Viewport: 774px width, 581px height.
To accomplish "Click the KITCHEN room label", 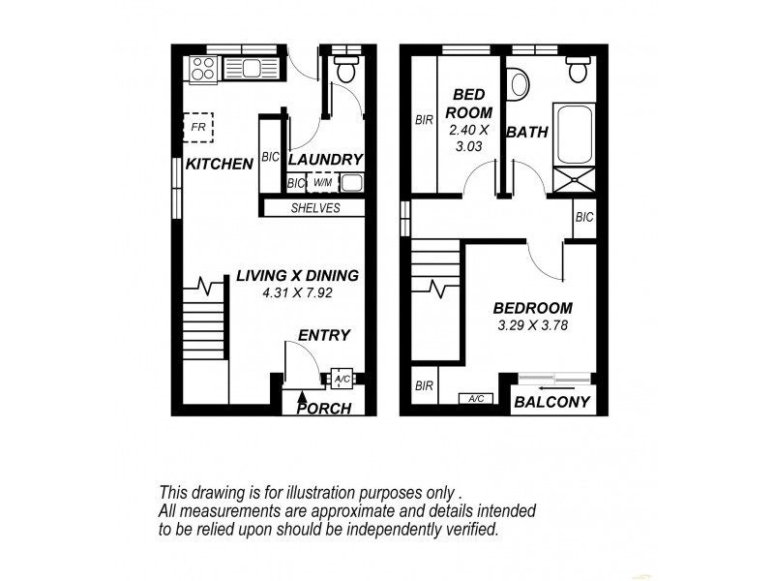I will (x=219, y=165).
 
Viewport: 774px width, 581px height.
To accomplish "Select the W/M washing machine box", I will (x=323, y=183).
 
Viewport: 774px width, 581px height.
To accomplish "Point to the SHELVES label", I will (x=315, y=208).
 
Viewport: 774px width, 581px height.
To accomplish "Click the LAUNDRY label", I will (x=325, y=160).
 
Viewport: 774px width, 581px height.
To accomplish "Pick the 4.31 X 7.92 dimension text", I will (x=297, y=292).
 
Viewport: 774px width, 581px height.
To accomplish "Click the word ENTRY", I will (x=323, y=335).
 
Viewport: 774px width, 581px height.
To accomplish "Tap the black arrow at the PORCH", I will (x=304, y=394).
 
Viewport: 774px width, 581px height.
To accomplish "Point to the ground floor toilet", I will (x=345, y=68).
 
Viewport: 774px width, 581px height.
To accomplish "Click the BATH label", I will (x=527, y=132).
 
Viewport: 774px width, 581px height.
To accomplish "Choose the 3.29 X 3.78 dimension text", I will (x=527, y=325).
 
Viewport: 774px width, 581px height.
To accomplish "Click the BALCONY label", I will (x=552, y=402).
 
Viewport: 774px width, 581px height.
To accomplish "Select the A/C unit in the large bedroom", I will (x=475, y=398).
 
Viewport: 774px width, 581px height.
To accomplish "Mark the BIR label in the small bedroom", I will (x=424, y=121).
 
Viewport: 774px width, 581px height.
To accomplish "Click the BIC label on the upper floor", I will (x=583, y=218).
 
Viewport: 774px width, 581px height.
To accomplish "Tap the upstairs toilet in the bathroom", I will (x=580, y=69).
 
